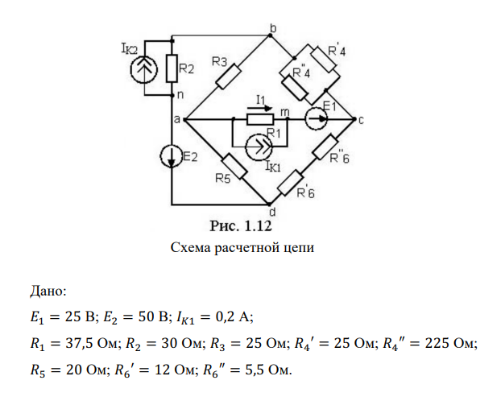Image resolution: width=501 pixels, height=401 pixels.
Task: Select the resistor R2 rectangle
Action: tap(171, 69)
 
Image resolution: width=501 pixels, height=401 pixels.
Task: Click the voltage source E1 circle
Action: tap(317, 120)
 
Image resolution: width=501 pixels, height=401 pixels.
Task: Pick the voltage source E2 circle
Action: tap(172, 154)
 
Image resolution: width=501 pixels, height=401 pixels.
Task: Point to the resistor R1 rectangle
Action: tap(262, 120)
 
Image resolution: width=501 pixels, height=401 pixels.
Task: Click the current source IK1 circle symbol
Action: tap(259, 145)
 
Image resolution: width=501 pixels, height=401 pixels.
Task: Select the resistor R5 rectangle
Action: tap(235, 167)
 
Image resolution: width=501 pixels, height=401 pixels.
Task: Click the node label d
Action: tap(271, 213)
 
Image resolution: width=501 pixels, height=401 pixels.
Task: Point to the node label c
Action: tap(362, 121)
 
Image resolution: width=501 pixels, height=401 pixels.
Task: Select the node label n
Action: tap(180, 94)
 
